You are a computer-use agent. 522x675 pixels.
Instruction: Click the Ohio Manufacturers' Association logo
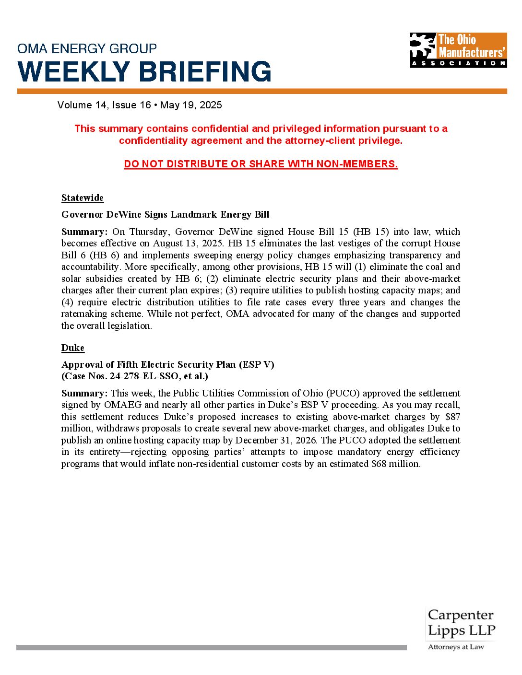click(x=458, y=50)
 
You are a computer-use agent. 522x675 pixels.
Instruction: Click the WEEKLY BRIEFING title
click(x=144, y=71)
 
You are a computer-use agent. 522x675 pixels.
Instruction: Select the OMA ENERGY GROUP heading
click(x=87, y=48)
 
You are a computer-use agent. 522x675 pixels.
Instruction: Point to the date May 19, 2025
click(x=191, y=105)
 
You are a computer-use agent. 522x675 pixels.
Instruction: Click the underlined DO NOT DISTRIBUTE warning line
click(x=261, y=164)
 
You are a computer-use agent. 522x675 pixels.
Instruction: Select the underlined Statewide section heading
click(x=83, y=198)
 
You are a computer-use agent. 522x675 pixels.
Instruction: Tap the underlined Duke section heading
click(x=73, y=348)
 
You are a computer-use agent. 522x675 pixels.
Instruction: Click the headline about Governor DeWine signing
click(x=165, y=215)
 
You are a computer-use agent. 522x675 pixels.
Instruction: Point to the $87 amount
click(x=452, y=417)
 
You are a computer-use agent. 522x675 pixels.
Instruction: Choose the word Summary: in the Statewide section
click(x=84, y=232)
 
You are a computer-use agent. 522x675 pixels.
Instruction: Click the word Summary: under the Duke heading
click(x=84, y=393)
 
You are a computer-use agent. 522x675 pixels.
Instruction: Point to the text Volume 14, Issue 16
click(x=104, y=105)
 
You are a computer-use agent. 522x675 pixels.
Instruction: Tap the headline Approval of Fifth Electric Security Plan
click(x=167, y=365)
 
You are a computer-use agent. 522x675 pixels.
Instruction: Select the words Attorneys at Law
click(x=456, y=647)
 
